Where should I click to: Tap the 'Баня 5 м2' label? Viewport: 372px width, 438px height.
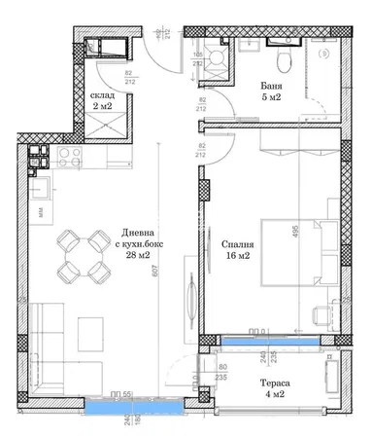(271, 93)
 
